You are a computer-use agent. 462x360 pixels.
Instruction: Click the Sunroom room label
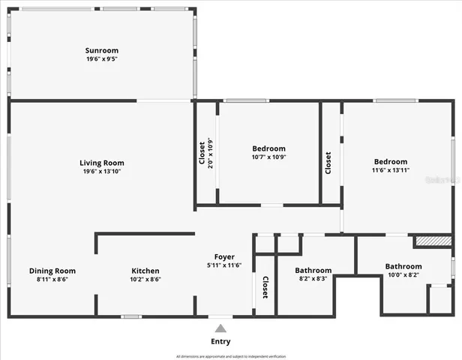pyautogui.click(x=102, y=50)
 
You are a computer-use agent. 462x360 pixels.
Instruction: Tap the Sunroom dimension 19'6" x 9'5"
pyautogui.click(x=102, y=58)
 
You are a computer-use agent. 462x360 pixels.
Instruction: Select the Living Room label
pyautogui.click(x=102, y=163)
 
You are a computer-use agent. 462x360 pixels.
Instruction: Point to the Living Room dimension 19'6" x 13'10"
pyautogui.click(x=102, y=171)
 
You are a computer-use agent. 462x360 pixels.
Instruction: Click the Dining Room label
pyautogui.click(x=52, y=271)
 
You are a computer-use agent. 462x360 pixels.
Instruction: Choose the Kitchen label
pyautogui.click(x=145, y=271)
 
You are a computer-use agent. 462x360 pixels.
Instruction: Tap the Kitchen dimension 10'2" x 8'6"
pyautogui.click(x=145, y=279)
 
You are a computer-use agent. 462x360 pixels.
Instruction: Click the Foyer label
pyautogui.click(x=224, y=256)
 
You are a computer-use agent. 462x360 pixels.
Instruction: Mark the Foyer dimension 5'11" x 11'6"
pyautogui.click(x=224, y=265)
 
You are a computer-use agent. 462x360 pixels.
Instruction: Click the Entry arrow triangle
pyautogui.click(x=220, y=328)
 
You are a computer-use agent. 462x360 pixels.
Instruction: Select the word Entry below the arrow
pyautogui.click(x=220, y=341)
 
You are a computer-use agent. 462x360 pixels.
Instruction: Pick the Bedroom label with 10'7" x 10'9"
pyautogui.click(x=268, y=148)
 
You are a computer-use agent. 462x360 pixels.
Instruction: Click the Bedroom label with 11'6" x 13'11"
pyautogui.click(x=391, y=161)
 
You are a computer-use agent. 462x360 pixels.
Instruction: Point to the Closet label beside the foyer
pyautogui.click(x=265, y=288)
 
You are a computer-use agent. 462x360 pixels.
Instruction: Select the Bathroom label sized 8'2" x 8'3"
pyautogui.click(x=313, y=270)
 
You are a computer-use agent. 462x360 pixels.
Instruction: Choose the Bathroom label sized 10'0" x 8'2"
pyautogui.click(x=403, y=266)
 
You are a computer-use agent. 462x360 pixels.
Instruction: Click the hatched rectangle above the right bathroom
pyautogui.click(x=433, y=241)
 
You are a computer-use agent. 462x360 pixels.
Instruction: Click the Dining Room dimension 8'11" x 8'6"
pyautogui.click(x=52, y=279)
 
